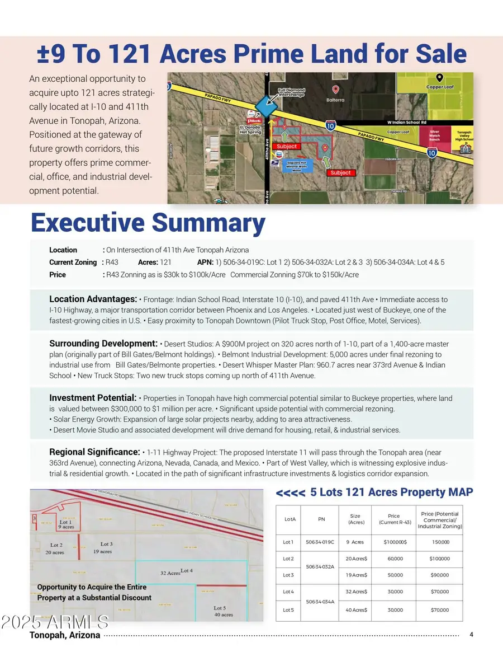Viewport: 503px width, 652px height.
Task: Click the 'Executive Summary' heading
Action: click(148, 223)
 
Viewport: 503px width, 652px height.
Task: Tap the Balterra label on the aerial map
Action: click(336, 101)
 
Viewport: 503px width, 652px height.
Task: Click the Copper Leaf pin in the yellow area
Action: click(440, 78)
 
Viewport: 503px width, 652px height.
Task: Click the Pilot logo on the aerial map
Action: click(253, 120)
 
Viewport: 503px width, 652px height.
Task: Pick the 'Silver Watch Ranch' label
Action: click(434, 135)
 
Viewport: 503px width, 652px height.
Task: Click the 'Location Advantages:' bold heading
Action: click(93, 299)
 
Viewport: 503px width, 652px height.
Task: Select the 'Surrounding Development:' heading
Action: click(103, 343)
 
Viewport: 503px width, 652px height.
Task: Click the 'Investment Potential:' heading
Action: click(93, 398)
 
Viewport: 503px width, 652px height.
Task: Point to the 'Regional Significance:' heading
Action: click(94, 452)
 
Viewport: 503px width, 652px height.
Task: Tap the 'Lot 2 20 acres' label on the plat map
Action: click(56, 548)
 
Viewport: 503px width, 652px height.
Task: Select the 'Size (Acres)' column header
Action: click(355, 519)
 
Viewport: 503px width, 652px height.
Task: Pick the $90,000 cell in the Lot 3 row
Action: click(439, 575)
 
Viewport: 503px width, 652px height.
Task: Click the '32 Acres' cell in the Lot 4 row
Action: click(355, 592)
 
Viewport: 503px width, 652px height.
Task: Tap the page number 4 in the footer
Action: click(471, 635)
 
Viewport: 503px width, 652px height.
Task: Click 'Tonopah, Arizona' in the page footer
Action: click(65, 635)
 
